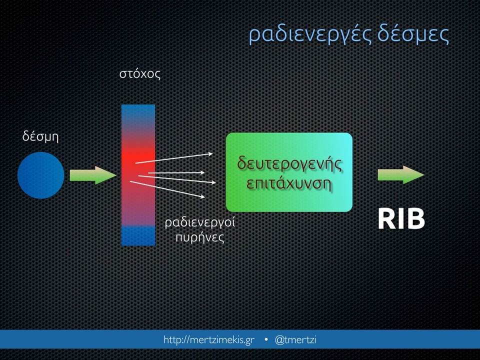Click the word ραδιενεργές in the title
click(310, 34)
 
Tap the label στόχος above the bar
click(140, 73)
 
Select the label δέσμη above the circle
click(40, 136)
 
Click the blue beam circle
click(40, 175)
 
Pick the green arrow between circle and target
click(93, 175)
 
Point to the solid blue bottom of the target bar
click(138, 235)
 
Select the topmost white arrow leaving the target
click(174, 158)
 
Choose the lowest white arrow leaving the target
click(167, 189)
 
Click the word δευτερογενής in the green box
click(289, 164)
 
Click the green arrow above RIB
click(401, 175)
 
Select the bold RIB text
click(401, 219)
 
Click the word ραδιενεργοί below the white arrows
click(200, 222)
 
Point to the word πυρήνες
click(200, 237)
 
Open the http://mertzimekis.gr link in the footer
click(209, 340)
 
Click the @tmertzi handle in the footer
click(295, 339)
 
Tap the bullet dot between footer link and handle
click(265, 339)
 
